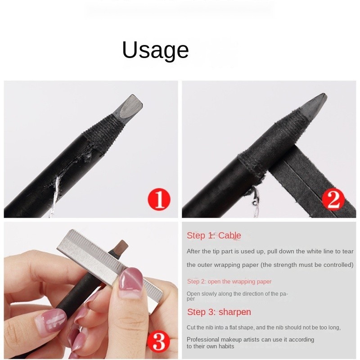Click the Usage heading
click(155, 50)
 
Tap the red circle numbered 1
click(159, 199)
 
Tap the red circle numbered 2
click(333, 199)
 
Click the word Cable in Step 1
click(229, 235)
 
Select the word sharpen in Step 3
click(235, 312)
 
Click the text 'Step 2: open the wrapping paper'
click(229, 282)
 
